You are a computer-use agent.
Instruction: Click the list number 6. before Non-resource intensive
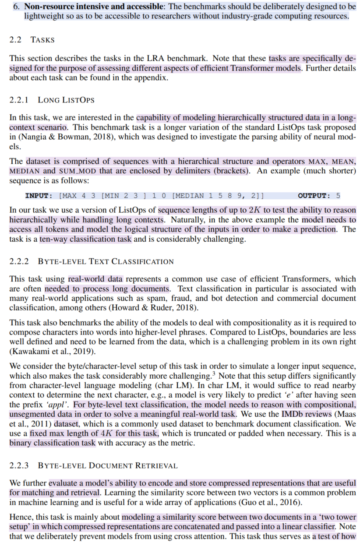pos(17,7)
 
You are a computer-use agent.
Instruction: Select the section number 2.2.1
pos(19,100)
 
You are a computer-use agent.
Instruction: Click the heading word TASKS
pos(42,40)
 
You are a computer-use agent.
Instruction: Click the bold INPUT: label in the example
pos(39,195)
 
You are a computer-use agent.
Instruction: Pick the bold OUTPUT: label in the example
pos(314,195)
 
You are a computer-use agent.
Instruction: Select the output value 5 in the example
pos(338,195)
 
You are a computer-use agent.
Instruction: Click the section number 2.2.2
pos(19,261)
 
